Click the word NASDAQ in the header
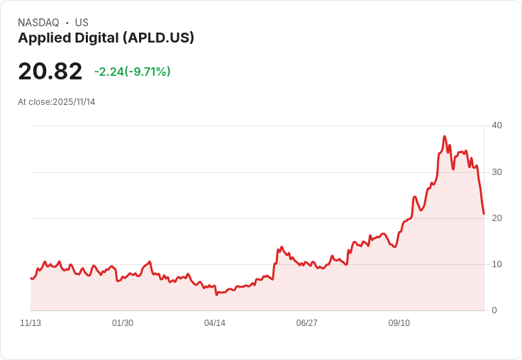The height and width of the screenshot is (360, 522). (x=38, y=23)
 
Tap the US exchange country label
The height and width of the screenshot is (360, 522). (x=82, y=23)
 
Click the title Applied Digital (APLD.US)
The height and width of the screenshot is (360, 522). (x=106, y=38)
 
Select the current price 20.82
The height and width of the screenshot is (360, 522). (x=50, y=71)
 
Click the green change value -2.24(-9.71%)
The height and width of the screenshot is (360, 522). (x=133, y=72)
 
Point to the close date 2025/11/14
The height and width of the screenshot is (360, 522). (x=74, y=102)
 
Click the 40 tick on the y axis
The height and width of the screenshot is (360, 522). (x=496, y=125)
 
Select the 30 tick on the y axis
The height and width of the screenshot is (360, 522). (x=496, y=172)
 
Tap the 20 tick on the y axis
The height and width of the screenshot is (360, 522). (x=496, y=218)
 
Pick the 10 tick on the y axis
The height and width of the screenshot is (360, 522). (x=496, y=264)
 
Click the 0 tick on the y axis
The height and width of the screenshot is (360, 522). (x=494, y=310)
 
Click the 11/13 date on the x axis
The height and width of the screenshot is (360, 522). (x=30, y=323)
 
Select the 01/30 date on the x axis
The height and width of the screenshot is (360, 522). (x=123, y=323)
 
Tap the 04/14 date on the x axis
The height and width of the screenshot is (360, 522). (x=215, y=323)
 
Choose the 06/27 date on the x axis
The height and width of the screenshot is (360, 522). (x=307, y=323)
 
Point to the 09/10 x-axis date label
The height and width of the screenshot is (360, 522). (x=399, y=323)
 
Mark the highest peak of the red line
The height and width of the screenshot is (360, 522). (x=445, y=136)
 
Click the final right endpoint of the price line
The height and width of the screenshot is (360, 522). (x=484, y=213)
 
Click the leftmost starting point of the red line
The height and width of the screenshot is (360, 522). (x=30, y=278)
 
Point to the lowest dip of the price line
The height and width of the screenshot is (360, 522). (x=216, y=294)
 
